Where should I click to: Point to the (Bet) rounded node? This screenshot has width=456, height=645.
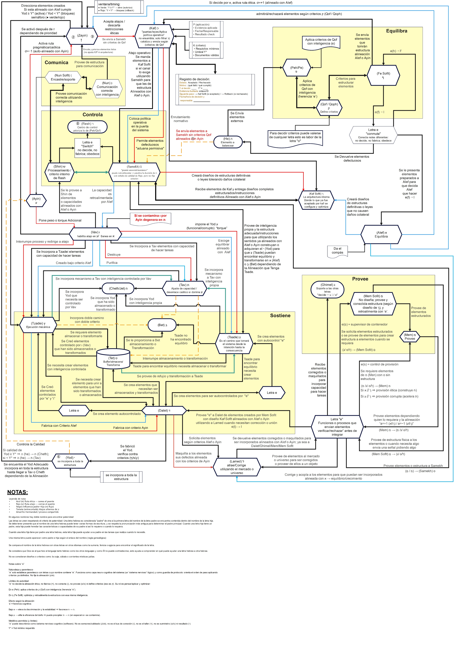[x=162, y=325]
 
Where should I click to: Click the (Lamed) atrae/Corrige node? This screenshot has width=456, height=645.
[x=237, y=467]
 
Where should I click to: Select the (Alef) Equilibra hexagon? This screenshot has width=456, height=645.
[x=381, y=234]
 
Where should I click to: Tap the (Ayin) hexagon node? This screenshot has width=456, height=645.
[x=36, y=200]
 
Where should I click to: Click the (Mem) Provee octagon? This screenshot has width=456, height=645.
[x=410, y=336]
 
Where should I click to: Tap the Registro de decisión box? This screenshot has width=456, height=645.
[x=215, y=89]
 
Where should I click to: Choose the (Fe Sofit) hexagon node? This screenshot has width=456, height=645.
[x=383, y=75]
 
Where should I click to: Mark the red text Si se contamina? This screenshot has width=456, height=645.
[x=150, y=218]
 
